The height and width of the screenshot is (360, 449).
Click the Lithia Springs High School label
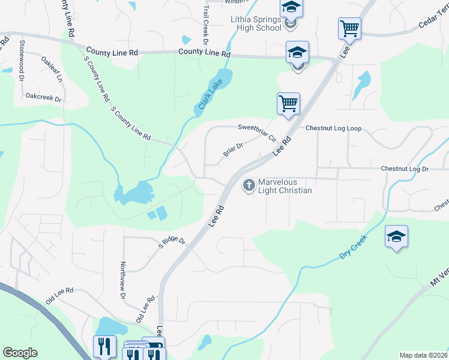pos(256,23)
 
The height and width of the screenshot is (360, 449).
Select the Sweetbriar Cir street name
pos(256,132)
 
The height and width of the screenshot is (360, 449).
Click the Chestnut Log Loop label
pos(333,128)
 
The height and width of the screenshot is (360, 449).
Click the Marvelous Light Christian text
pos(285,187)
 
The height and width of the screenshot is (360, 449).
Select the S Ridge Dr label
pos(172,243)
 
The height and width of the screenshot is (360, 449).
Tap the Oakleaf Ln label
pos(52,69)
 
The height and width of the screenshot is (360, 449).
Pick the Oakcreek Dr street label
pos(44,96)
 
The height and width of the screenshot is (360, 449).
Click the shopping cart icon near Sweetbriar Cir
pos(288,103)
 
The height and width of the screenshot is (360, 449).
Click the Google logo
pos(20,353)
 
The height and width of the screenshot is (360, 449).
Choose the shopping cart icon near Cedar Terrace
pos(349,28)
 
